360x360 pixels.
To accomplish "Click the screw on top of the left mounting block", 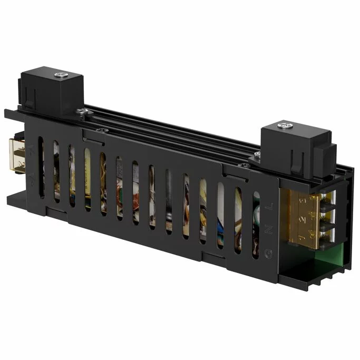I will point(62,74).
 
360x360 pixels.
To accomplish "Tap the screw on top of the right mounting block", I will point(286,125).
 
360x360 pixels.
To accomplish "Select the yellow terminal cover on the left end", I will point(17,157).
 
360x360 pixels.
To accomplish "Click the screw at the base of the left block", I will point(82,111).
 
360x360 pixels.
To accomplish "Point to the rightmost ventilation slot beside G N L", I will point(256,225).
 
